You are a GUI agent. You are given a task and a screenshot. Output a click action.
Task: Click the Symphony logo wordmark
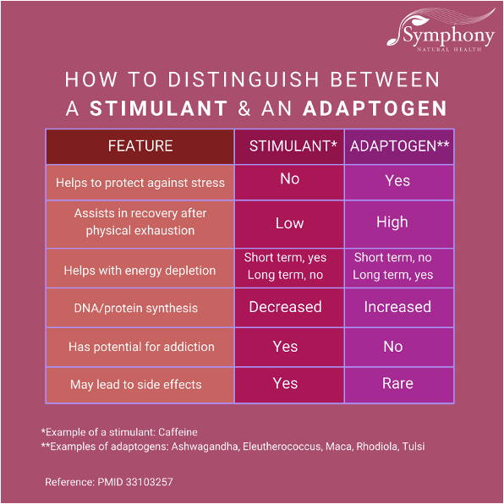(x=449, y=36)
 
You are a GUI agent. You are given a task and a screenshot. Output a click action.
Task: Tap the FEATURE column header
(x=140, y=146)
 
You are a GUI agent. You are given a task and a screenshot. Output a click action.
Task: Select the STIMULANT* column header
(x=293, y=146)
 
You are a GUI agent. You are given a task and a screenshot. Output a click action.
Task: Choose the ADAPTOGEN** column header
(x=399, y=146)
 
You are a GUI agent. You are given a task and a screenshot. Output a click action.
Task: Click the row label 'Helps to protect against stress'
(x=140, y=183)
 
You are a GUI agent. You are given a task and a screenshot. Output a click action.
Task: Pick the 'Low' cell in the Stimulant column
(x=289, y=223)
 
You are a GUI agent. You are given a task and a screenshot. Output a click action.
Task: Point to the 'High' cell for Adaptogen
(x=392, y=222)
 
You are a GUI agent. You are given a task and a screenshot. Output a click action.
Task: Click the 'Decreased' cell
(x=286, y=307)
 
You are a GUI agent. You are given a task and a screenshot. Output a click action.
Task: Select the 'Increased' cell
(x=397, y=307)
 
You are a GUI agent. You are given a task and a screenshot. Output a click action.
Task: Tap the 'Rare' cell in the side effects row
(x=397, y=383)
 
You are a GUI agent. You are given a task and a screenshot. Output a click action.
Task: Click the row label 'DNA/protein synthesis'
(x=135, y=309)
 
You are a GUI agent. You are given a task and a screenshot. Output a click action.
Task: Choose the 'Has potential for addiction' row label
(x=141, y=347)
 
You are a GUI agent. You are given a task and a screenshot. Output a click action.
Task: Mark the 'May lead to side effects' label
(x=136, y=385)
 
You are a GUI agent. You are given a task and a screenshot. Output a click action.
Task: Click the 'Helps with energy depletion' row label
(x=140, y=271)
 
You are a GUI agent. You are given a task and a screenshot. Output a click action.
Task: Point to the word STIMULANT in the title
(x=159, y=108)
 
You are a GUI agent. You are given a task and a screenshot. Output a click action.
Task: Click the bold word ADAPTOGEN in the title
(x=375, y=108)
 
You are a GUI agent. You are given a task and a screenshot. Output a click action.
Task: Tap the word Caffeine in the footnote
(x=178, y=432)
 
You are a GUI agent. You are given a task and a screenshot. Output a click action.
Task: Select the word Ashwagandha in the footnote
(x=205, y=446)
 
